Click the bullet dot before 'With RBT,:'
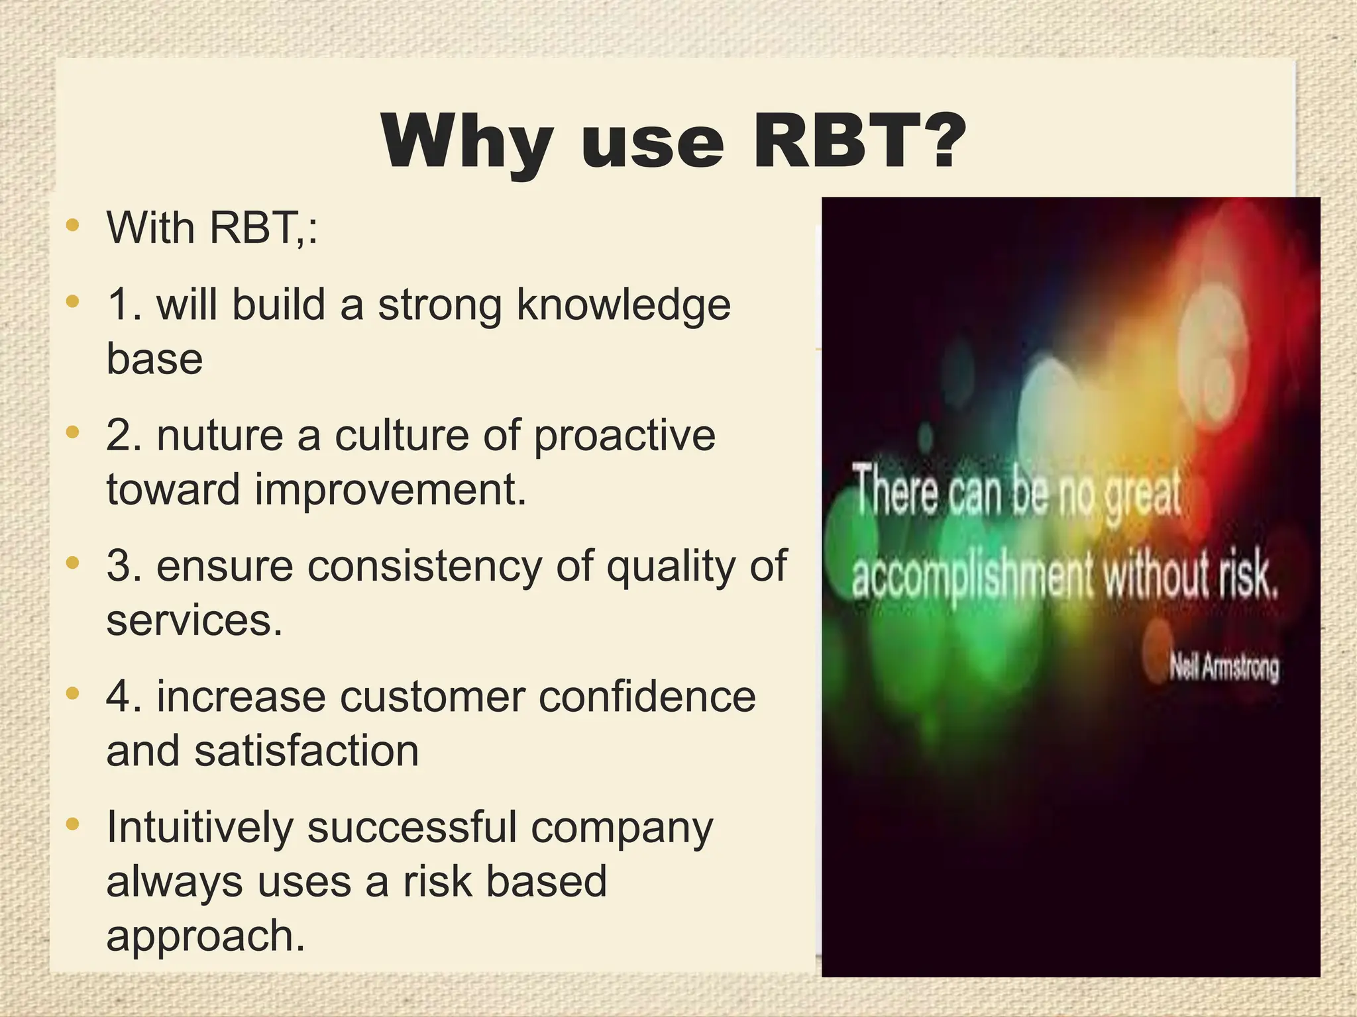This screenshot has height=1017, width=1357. click(73, 224)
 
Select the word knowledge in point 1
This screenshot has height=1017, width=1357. click(623, 306)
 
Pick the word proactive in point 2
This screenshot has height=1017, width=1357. click(624, 437)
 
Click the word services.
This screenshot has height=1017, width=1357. click(194, 620)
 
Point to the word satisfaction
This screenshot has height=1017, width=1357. click(306, 751)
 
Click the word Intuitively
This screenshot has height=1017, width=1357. click(199, 828)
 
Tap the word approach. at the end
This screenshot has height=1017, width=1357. click(205, 936)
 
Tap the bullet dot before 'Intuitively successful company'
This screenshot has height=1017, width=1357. click(73, 825)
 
